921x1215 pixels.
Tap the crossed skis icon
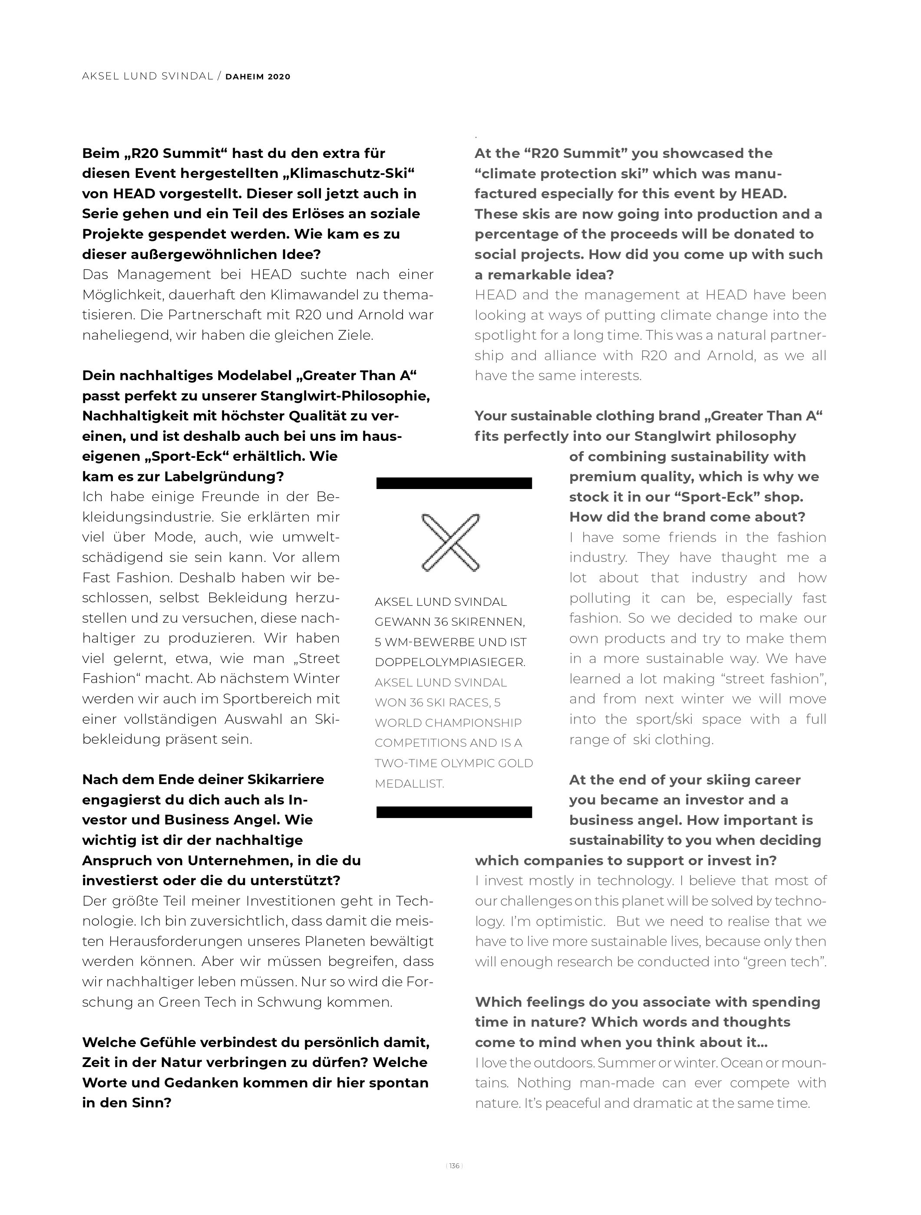(x=450, y=542)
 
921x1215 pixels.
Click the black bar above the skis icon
(x=454, y=483)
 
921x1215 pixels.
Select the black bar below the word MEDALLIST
(x=454, y=812)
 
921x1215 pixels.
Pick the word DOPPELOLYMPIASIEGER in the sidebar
(x=449, y=663)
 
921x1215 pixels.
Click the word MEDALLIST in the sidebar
(x=409, y=784)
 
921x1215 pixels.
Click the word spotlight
(x=503, y=335)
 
